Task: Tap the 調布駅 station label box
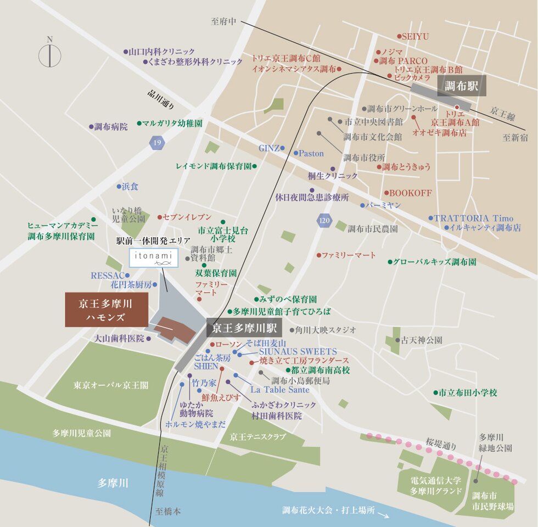[461, 86]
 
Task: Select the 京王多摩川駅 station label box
[244, 329]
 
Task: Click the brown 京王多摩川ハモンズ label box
[106, 310]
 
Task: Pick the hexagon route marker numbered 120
[324, 221]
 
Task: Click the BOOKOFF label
[410, 193]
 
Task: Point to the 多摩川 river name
[113, 483]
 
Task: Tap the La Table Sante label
[279, 389]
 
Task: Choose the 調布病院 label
[110, 126]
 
